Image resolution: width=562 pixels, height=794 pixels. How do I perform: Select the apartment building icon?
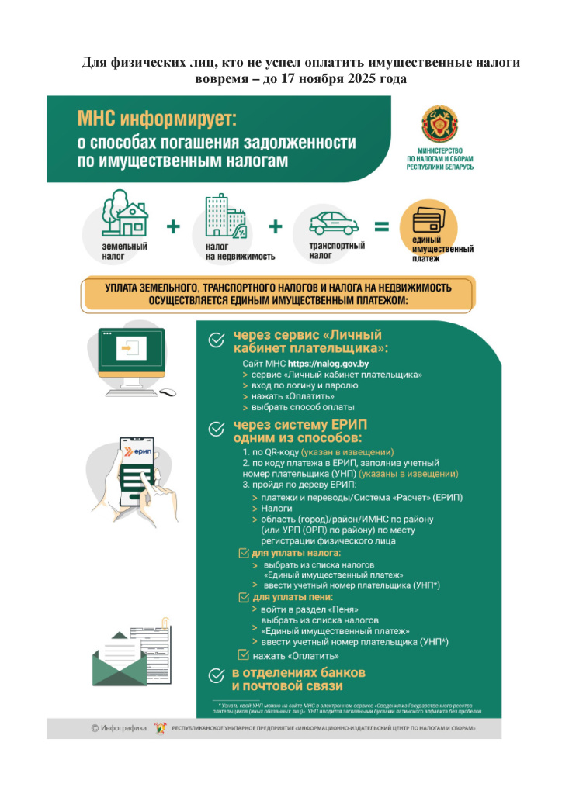tap(224, 216)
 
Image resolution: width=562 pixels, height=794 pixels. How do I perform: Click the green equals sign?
tap(381, 227)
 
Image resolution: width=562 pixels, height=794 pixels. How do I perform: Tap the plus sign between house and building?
tap(173, 227)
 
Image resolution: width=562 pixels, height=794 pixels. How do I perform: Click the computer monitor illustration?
tap(131, 354)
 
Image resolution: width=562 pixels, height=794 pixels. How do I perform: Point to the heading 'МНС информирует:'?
tap(156, 119)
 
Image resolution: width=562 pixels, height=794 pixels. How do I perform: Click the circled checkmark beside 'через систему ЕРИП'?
tap(217, 428)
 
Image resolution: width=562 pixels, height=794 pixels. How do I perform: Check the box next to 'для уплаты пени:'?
tap(242, 598)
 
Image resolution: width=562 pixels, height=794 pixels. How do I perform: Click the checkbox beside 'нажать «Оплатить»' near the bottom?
tap(242, 654)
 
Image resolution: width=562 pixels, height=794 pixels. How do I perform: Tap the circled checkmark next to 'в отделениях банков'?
tap(217, 678)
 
